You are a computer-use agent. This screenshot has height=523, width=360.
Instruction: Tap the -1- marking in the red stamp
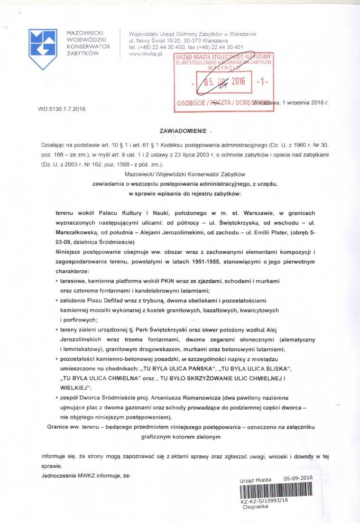(262, 81)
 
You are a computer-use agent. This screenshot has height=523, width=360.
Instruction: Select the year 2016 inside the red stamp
(235, 81)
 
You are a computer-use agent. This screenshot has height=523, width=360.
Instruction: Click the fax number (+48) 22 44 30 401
(214, 47)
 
